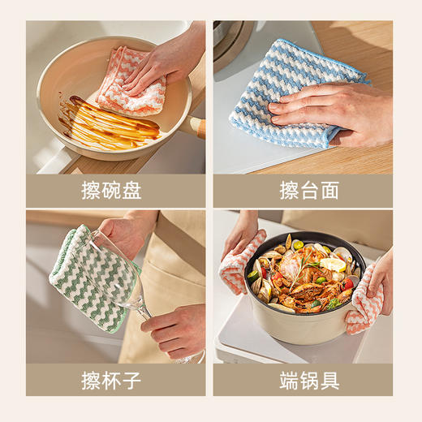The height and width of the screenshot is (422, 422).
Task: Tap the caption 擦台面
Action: point(309,191)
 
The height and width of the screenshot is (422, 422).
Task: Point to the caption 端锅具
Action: point(309,380)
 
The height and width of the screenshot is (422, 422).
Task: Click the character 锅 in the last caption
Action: point(309,380)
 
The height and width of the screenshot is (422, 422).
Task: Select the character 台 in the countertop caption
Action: point(309,191)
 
